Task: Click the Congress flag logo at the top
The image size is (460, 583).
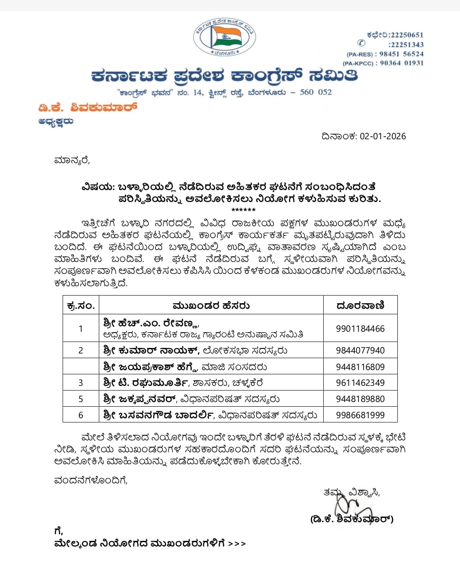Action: (224, 37)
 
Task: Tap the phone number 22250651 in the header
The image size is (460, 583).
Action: (406, 35)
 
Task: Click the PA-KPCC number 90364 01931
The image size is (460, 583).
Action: (402, 63)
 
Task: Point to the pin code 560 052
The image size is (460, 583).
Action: (316, 92)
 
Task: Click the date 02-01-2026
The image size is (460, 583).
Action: (383, 136)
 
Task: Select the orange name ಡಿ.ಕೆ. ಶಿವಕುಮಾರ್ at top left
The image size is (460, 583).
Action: (88, 107)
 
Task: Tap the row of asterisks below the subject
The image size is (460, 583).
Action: (244, 210)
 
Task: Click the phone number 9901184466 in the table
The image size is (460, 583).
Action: (360, 329)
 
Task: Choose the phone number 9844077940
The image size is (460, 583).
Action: (360, 350)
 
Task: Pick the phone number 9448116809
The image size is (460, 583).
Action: (360, 367)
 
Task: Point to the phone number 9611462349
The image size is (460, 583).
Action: (360, 382)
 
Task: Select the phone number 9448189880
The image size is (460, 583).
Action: (360, 399)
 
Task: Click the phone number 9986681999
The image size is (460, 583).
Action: (360, 415)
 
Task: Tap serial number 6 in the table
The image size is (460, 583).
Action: (80, 415)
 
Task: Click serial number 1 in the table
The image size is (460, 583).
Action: (80, 329)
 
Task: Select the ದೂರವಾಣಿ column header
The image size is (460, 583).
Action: (360, 305)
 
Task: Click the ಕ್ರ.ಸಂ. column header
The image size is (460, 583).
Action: (81, 305)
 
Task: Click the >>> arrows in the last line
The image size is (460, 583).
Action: (237, 544)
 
